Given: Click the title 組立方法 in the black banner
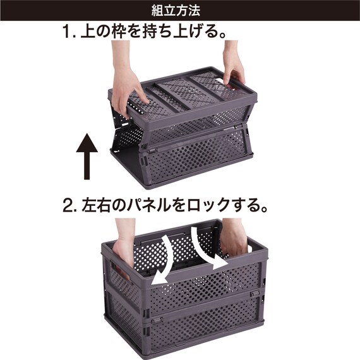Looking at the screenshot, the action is pos(176,11).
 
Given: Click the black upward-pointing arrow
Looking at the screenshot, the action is pos(87,157).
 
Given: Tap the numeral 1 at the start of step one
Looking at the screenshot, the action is pos(67,32).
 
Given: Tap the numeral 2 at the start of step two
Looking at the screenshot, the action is pos(68,205).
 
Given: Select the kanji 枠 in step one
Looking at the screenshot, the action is pos(119,32).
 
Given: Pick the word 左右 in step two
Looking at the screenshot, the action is pos(97,205).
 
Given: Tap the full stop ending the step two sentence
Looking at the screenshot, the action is pos(264,210).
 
